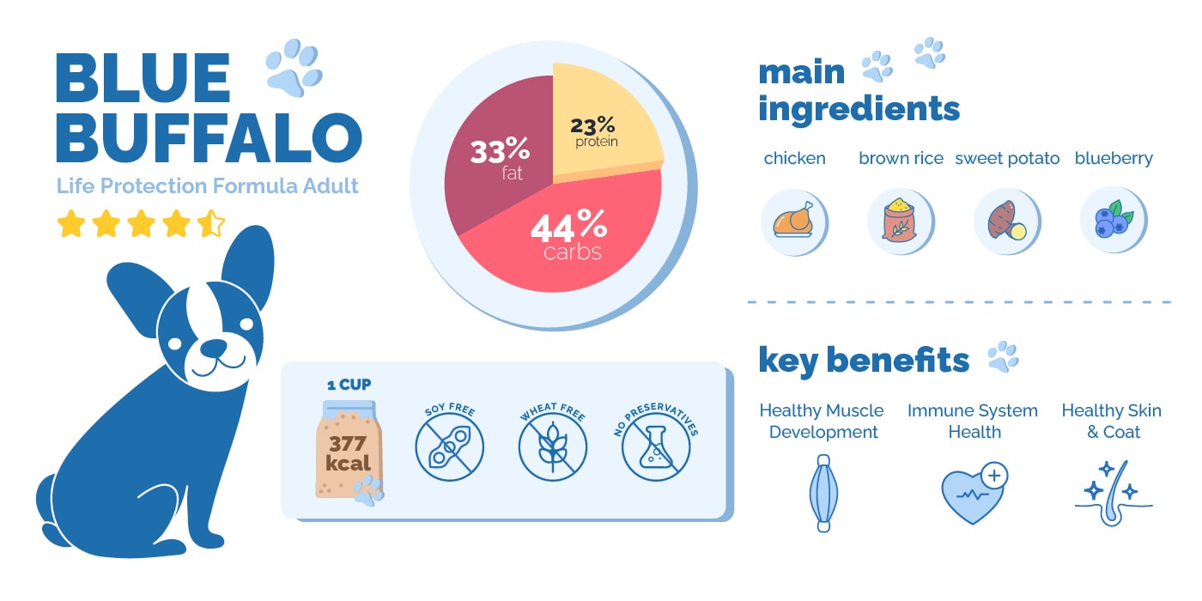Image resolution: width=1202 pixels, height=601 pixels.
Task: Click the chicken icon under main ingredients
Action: tap(793, 222)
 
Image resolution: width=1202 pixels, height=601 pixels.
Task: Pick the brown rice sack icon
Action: tap(899, 222)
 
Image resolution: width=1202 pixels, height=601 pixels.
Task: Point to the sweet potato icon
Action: tap(1005, 222)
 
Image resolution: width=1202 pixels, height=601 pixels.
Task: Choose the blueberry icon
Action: tap(1113, 222)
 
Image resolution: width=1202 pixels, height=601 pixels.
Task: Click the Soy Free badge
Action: tap(449, 446)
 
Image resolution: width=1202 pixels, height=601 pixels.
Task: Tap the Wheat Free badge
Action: tap(552, 446)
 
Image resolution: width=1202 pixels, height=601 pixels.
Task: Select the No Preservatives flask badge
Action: tap(655, 446)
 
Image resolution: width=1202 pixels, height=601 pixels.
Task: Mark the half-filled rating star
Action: tap(210, 224)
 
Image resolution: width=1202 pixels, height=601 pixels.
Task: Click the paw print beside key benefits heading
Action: tap(1003, 356)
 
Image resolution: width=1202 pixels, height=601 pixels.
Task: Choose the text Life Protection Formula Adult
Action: tap(207, 186)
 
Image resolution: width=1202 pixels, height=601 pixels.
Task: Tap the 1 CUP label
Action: tap(349, 384)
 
